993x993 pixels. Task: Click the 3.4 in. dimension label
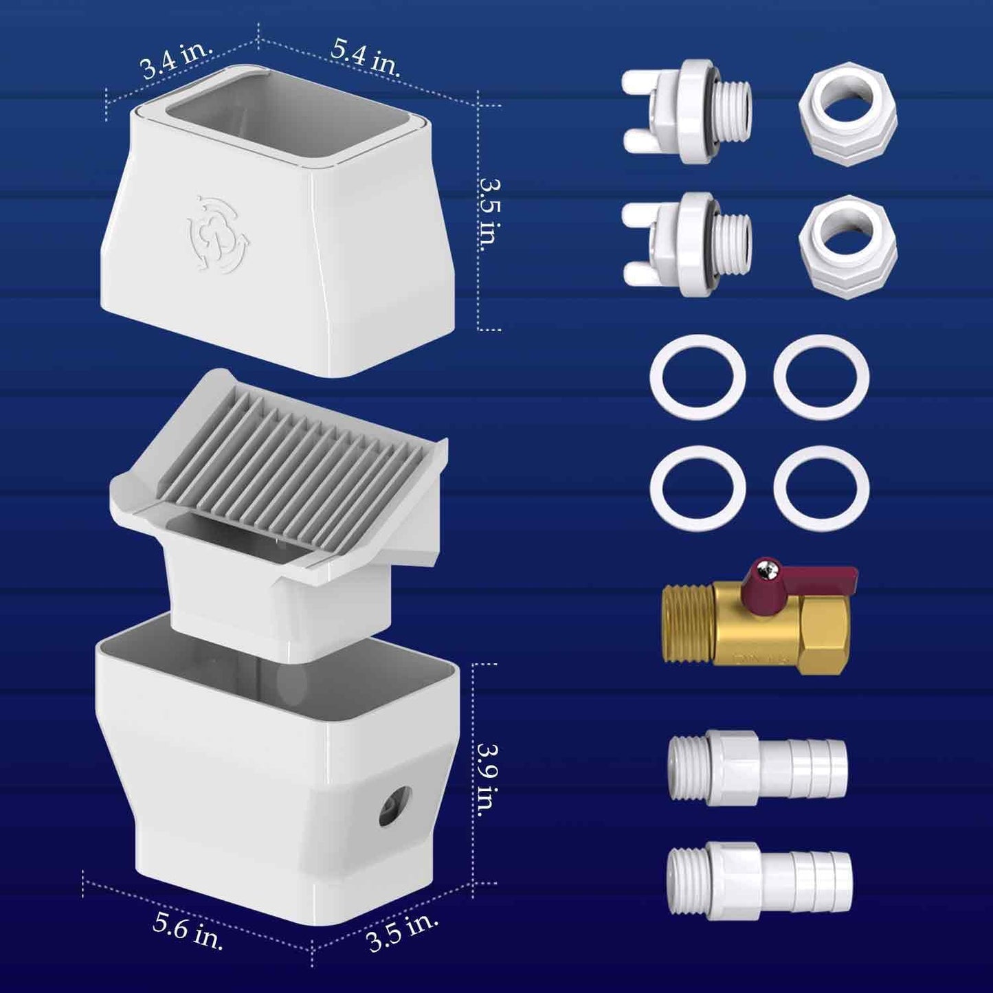[177, 60]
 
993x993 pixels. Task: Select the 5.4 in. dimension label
[366, 56]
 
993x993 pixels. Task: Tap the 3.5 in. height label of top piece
[491, 215]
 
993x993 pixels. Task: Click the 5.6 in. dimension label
[188, 931]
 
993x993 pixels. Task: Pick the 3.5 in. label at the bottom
[403, 930]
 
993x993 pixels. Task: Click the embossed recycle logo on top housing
[219, 231]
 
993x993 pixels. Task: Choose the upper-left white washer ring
[698, 377]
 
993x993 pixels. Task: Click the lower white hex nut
[847, 242]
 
